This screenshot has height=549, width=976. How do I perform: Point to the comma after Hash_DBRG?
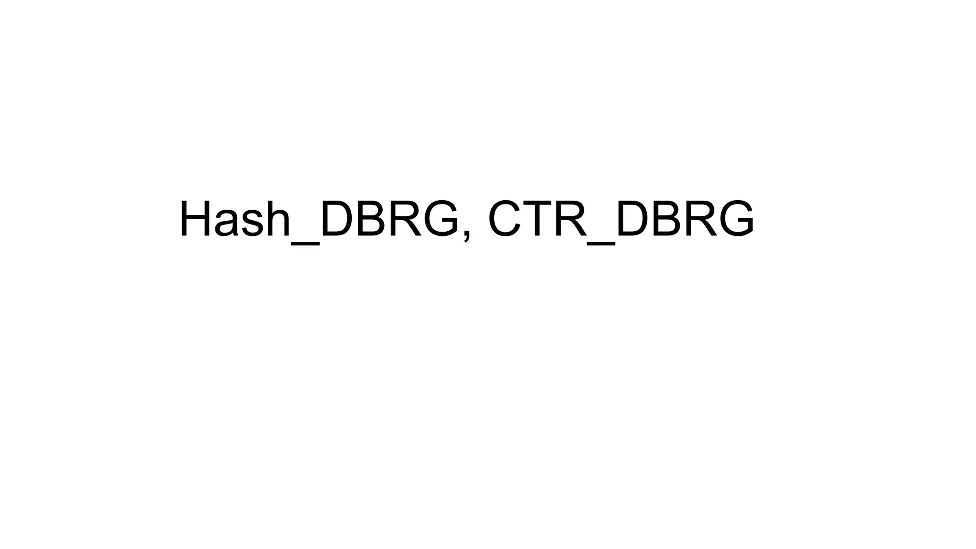pyautogui.click(x=467, y=234)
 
